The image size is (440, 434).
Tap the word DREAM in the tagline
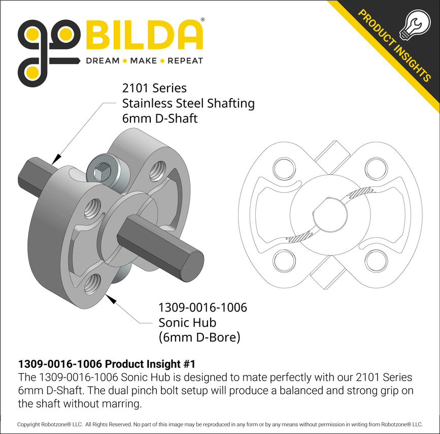point(103,61)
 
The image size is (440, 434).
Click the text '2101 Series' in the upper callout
point(154,88)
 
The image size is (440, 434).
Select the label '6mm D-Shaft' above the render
point(160,118)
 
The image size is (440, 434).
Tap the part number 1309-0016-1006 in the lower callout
point(202,307)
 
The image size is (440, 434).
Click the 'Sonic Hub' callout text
point(187,322)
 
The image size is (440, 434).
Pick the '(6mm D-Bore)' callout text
point(199,337)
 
